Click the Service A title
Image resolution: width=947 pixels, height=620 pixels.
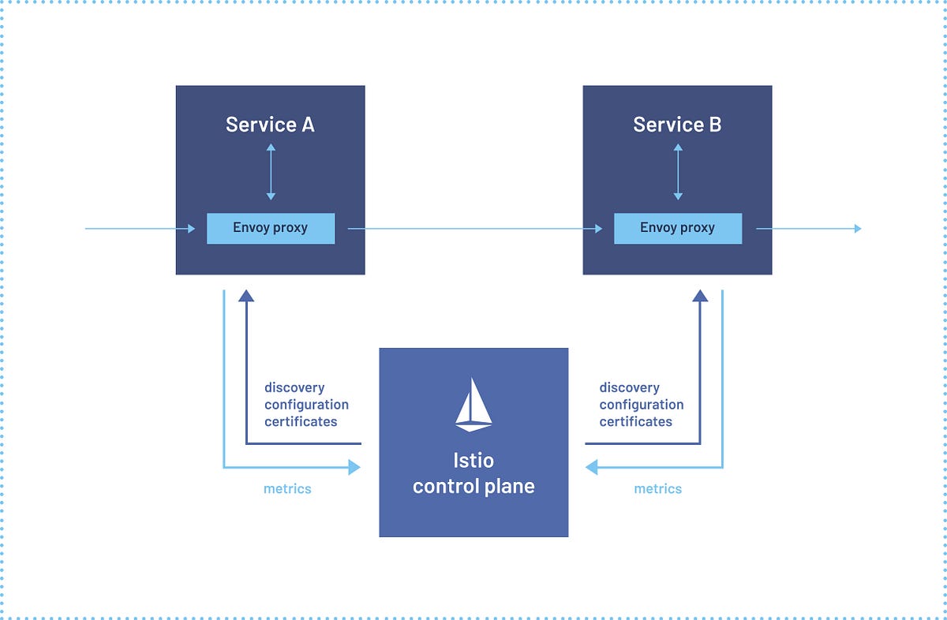pos(270,125)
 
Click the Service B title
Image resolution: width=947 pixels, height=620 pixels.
pos(677,125)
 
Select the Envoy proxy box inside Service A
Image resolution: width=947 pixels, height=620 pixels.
pos(270,228)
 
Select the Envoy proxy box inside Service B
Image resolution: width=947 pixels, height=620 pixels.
pos(677,228)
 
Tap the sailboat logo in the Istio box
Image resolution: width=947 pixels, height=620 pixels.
pos(473,405)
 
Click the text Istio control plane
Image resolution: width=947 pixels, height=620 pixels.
pos(473,473)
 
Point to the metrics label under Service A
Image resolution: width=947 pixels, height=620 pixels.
pos(287,489)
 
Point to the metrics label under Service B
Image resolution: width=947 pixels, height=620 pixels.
pos(657,489)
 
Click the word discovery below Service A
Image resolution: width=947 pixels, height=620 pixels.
pos(294,388)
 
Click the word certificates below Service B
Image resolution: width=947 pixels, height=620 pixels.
pos(635,421)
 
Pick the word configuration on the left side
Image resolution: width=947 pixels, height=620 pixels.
pos(306,405)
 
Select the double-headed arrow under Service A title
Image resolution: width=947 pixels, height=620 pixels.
pos(271,171)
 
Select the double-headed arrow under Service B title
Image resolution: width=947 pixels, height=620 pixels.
pos(677,171)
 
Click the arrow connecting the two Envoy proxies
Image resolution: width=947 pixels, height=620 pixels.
pos(473,229)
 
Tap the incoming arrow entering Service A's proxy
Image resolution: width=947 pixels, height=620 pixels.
pos(138,229)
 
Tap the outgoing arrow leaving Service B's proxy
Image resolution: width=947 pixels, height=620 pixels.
pos(809,229)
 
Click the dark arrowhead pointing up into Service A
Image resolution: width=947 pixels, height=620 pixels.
pos(246,297)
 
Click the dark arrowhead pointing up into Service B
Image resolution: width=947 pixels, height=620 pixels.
pos(700,297)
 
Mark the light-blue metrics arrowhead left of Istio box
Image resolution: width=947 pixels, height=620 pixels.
pos(354,468)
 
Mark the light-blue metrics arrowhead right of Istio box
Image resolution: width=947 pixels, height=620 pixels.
pos(592,468)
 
